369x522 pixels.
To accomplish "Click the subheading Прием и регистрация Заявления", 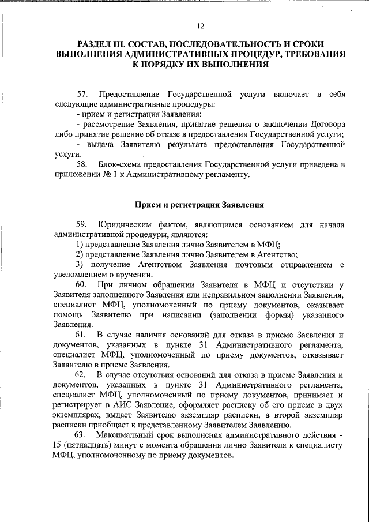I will click(199, 205).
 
